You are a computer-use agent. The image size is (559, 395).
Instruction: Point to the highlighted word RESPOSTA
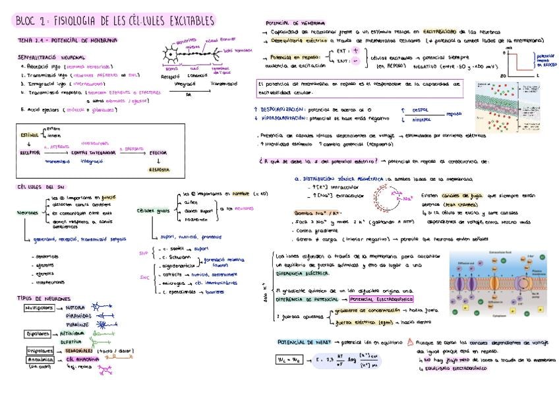(x=159, y=169)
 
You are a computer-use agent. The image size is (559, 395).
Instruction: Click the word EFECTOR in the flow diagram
(x=159, y=153)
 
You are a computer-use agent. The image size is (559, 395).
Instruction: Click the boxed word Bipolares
(x=38, y=334)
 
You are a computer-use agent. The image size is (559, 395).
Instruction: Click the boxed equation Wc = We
(x=289, y=360)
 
